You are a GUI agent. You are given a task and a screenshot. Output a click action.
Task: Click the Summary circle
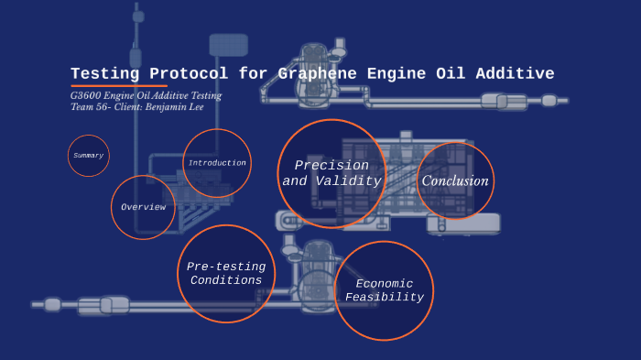coord(89,156)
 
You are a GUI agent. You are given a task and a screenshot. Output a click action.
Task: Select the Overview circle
coord(143,207)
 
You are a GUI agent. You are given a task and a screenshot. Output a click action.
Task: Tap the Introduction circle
coord(217,163)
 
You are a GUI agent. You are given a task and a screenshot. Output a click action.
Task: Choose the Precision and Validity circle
coord(331,173)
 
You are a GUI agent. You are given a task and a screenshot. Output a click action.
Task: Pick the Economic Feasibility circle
coord(384,290)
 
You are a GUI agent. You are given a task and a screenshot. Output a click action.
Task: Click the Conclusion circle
coord(455,180)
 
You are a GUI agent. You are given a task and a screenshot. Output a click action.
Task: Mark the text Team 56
coord(90,107)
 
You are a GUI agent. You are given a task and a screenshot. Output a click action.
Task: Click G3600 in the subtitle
coord(87,95)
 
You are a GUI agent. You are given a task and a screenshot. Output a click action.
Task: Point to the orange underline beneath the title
coord(119,85)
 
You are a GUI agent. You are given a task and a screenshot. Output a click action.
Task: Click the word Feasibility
coord(385,298)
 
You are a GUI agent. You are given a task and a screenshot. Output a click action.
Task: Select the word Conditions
coord(226,280)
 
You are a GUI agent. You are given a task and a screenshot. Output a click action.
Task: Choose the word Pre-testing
coord(225,266)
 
